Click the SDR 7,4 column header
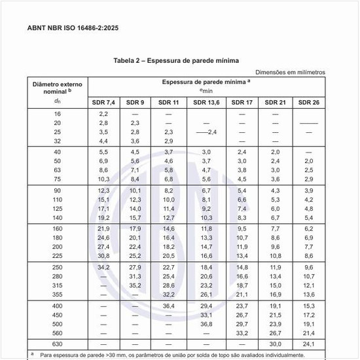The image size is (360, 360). point(104,103)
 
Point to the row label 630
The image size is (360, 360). point(57,344)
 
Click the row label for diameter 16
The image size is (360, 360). point(57,114)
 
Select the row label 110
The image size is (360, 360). point(57,200)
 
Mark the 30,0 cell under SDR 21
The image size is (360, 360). point(275,344)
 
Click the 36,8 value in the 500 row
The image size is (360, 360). point(207,323)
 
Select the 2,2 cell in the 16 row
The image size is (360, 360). point(103,114)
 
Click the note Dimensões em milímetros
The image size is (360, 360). point(289,72)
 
